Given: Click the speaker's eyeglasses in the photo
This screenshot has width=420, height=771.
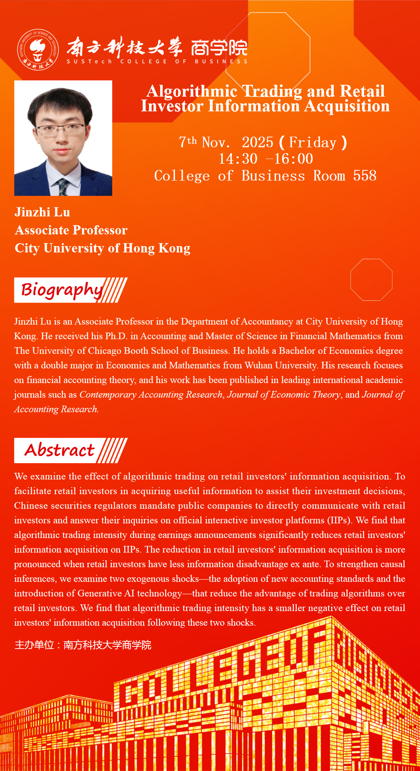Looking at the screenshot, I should pyautogui.click(x=61, y=129).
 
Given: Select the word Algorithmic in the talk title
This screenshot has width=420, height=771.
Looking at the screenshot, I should pyautogui.click(x=192, y=91).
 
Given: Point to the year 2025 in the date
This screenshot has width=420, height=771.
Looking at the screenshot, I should pyautogui.click(x=257, y=143).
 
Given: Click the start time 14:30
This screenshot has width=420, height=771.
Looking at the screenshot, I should pyautogui.click(x=238, y=159).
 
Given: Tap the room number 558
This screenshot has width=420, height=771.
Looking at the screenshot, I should pyautogui.click(x=364, y=176).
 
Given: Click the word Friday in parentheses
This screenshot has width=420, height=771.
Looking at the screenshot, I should pyautogui.click(x=313, y=143).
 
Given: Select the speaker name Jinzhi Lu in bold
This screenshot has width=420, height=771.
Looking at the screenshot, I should pyautogui.click(x=42, y=212).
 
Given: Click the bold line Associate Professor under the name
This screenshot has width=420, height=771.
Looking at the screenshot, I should pyautogui.click(x=71, y=230).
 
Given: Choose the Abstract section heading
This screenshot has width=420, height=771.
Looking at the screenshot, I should pyautogui.click(x=60, y=450).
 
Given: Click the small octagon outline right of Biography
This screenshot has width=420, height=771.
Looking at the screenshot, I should pyautogui.click(x=371, y=280).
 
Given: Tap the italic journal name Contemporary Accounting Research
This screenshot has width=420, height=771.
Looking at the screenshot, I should pyautogui.click(x=151, y=395).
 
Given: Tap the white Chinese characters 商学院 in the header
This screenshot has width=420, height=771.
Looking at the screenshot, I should pyautogui.click(x=219, y=48).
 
